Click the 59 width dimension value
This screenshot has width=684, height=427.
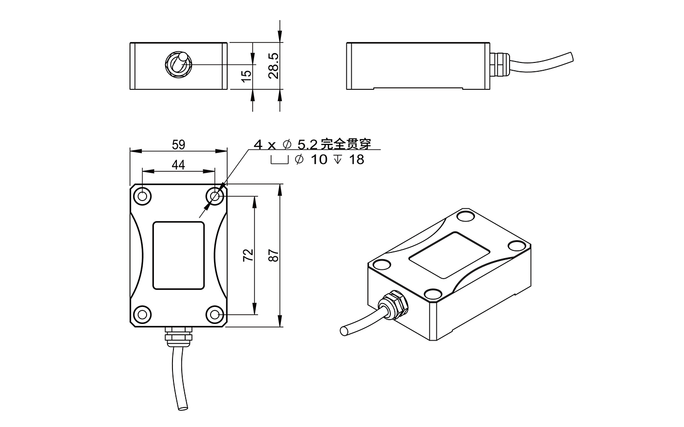click(179, 144)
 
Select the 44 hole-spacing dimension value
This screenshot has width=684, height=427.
click(178, 165)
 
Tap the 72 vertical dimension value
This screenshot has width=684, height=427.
click(248, 255)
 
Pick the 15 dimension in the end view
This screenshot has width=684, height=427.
click(247, 75)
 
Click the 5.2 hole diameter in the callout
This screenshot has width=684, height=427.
click(307, 144)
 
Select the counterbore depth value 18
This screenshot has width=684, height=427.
click(357, 160)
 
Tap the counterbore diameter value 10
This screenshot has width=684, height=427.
click(319, 160)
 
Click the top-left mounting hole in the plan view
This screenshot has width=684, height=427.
click(142, 196)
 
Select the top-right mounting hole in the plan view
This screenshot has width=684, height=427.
click(215, 196)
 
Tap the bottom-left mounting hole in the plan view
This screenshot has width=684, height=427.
click(142, 314)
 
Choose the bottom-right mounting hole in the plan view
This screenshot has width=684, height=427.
click(215, 314)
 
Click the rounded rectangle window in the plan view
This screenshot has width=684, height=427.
click(178, 255)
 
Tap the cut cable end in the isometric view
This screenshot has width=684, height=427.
click(344, 331)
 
